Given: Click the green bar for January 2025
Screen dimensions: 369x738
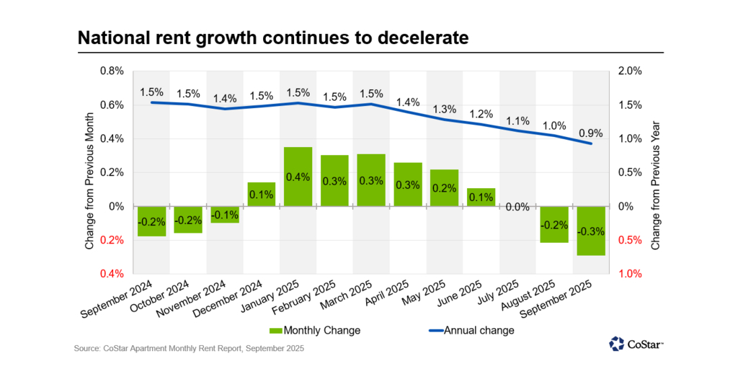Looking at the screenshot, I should pyautogui.click(x=298, y=177).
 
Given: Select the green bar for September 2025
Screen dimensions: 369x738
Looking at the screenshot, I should pyautogui.click(x=591, y=231).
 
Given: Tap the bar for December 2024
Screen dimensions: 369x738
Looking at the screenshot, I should pyautogui.click(x=261, y=194).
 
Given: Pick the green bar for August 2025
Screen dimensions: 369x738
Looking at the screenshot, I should pyautogui.click(x=554, y=224).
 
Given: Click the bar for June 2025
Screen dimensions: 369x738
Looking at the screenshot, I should pyautogui.click(x=481, y=197).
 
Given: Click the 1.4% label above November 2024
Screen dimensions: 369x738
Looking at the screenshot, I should pyautogui.click(x=224, y=97).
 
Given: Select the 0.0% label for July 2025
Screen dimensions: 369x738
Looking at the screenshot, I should pyautogui.click(x=517, y=208).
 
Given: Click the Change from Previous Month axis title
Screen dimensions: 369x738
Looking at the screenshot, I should pyautogui.click(x=89, y=172).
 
